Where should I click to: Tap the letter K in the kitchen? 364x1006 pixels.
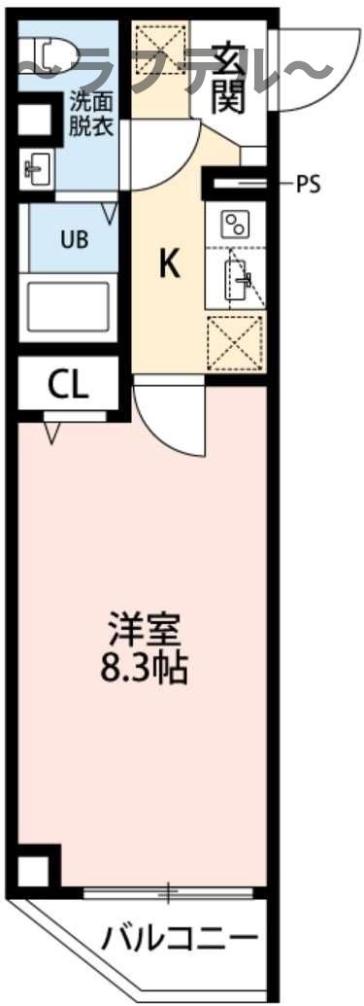[170, 263]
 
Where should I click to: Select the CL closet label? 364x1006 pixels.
[68, 386]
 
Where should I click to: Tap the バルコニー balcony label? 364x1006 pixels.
[182, 940]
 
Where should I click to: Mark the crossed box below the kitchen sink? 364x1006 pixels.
[236, 345]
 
